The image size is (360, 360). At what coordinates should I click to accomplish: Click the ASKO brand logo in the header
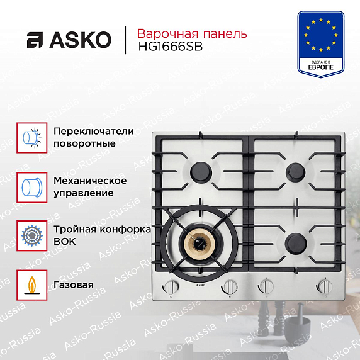pos(69,40)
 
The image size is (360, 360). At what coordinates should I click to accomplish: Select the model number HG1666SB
pos(171,47)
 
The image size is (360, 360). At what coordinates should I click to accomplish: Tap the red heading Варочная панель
pos(192,33)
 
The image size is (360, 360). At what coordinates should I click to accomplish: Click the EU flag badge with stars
pos(321,44)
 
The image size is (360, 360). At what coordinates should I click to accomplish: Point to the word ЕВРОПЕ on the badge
pos(321,67)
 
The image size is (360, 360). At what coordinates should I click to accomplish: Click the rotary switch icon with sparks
pos(32,138)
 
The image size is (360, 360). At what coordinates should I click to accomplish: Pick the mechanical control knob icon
pos(32,188)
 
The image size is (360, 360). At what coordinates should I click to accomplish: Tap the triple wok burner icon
pos(32,236)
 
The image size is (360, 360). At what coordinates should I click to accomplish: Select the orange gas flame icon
pos(32,285)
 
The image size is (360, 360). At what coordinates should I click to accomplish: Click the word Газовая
pos(74,285)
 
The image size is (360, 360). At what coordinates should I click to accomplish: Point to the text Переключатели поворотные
pos(94,137)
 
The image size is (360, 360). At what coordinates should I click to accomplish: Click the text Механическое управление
pos(90,187)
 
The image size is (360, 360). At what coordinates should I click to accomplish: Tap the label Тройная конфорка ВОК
pos(102,235)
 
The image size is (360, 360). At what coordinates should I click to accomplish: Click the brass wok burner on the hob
pos(197,244)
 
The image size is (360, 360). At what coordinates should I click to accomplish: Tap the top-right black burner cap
pos(295,172)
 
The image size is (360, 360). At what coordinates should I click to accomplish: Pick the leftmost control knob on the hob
pos(171,287)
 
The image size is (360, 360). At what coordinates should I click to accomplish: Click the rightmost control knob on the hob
pos(325,286)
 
